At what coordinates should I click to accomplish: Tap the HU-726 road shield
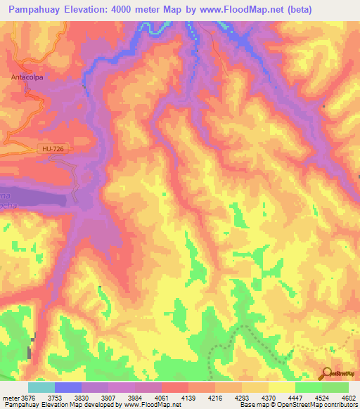click(50, 148)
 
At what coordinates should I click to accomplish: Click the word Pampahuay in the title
click(31, 9)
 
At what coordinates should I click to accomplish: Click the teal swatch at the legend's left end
click(41, 387)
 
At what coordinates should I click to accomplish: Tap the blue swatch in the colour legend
click(68, 387)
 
